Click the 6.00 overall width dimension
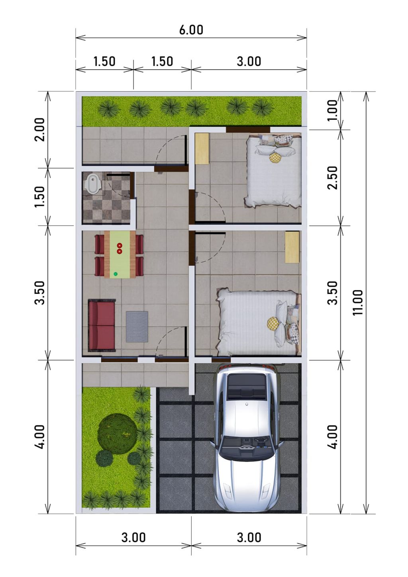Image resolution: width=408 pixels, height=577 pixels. tap(191, 30)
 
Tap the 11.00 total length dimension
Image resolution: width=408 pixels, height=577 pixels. tap(358, 302)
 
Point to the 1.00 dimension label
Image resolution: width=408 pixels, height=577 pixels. tap(333, 110)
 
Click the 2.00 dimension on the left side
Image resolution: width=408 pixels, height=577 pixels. tap(40, 129)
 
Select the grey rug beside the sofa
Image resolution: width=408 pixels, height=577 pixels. tap(137, 327)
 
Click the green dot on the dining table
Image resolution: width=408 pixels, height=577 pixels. tap(116, 274)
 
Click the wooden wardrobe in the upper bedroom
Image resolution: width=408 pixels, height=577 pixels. tap(202, 149)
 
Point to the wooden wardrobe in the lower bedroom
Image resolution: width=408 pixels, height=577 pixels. tap(292, 247)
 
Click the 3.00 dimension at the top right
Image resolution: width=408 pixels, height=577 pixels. tap(249, 61)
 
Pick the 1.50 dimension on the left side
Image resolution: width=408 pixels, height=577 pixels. tap(40, 197)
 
